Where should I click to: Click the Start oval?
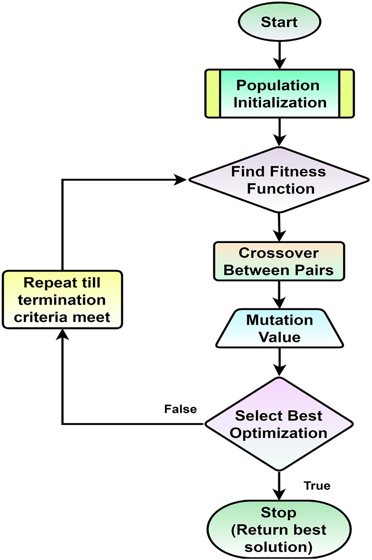point(279,22)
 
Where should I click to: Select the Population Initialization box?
point(279,94)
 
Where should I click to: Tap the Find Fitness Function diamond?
point(279,180)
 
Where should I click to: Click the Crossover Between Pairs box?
point(279,261)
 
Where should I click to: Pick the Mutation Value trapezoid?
point(279,329)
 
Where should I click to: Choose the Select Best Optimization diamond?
point(279,424)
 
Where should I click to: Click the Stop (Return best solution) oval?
point(279,529)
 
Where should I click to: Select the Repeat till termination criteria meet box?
point(62,300)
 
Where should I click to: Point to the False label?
point(180,409)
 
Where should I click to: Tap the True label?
point(317,486)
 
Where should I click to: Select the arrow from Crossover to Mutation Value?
point(279,295)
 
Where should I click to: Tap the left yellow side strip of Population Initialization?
point(213,94)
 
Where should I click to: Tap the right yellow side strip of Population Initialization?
point(346,94)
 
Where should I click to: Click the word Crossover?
point(279,253)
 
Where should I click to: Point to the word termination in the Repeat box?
point(62,300)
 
